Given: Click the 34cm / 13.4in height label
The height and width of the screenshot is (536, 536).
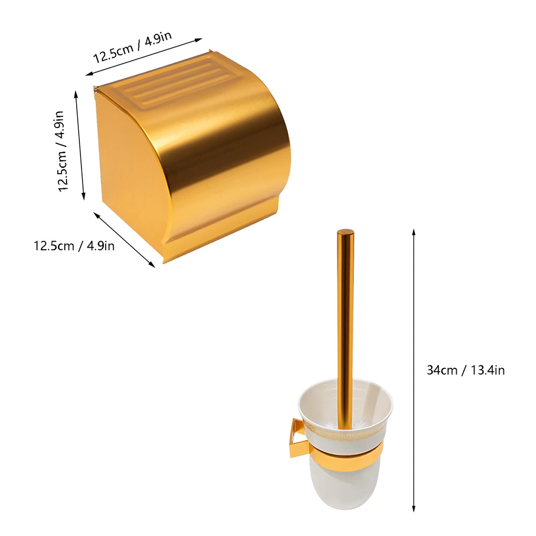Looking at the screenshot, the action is pos(466,370).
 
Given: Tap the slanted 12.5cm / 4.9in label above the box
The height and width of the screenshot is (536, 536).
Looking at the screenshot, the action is pos(132,48).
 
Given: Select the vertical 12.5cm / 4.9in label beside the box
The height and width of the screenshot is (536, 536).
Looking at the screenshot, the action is pos(62,151).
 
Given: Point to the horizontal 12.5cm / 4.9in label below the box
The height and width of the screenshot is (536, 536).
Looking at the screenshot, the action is pos(74,246).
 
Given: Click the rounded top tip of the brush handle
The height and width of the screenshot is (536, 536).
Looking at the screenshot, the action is pos(345,232).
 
